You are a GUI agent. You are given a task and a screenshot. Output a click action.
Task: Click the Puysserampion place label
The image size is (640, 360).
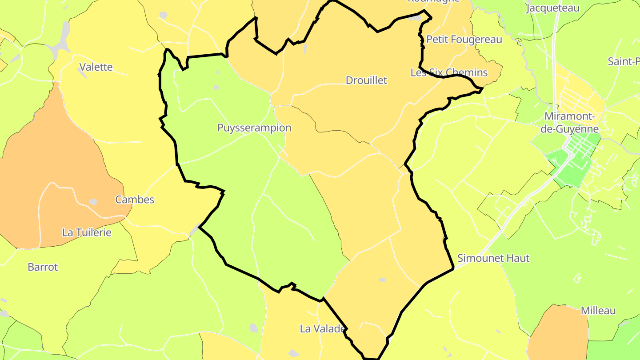[254, 128]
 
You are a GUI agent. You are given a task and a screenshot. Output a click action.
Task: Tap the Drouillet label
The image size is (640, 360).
[366, 80]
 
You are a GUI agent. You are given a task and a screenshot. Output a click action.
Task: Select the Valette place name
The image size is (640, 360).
[96, 67]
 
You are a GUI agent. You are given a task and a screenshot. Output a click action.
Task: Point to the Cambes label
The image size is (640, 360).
[135, 200]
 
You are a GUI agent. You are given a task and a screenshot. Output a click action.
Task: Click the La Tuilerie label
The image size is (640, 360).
[87, 232]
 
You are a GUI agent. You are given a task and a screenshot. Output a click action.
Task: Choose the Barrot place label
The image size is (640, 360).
[43, 267]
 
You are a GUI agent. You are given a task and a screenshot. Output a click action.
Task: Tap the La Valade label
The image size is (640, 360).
[322, 329]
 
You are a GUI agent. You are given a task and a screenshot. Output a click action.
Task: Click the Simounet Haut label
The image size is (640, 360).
[493, 258]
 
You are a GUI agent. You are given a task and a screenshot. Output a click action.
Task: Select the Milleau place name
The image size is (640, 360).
[598, 311]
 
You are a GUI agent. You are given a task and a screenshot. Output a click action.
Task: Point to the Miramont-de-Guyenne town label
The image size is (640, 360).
[572, 123]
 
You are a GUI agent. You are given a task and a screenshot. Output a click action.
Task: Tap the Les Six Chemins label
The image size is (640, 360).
[449, 72]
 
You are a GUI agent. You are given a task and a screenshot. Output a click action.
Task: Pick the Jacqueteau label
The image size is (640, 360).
[552, 8]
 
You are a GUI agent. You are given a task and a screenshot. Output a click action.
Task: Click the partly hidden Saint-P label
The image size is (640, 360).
[624, 61]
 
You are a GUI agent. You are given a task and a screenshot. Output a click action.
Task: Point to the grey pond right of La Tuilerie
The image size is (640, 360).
[93, 202]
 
